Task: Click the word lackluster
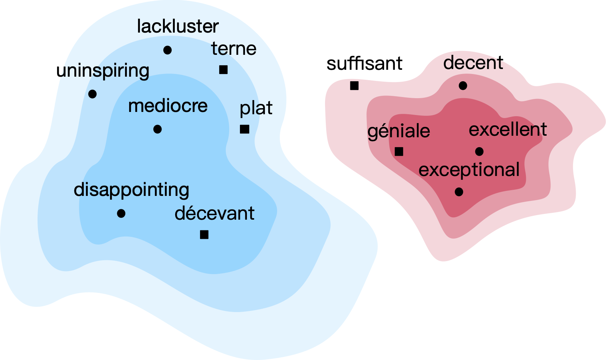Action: coord(177,27)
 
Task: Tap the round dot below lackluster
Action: coord(168,50)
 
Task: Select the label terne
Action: coord(233,49)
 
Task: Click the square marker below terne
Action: coord(223,70)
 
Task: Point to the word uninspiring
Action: coord(103,71)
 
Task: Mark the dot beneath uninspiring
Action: coord(92,94)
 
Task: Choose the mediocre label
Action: coord(168,106)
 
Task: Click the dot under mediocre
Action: coord(157,129)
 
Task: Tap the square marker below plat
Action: coord(245,129)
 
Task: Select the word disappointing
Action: coord(131,190)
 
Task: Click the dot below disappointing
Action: coord(121,213)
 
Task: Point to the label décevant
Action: coord(214,214)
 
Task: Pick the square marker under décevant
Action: coord(204,234)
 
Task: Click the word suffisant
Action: coord(364,64)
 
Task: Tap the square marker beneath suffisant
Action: coord(354,86)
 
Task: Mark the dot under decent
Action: coord(463,86)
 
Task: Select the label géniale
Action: coord(399,132)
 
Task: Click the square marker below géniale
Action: coord(399,151)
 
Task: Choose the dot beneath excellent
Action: coord(479,152)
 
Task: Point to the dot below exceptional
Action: coord(459,192)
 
